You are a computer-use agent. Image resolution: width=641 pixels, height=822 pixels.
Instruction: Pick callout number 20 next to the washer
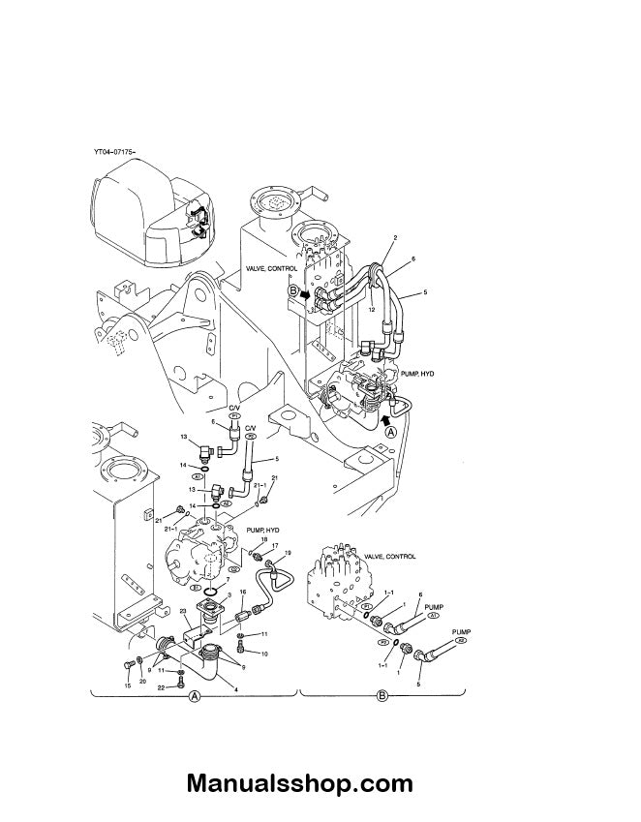[x=143, y=681]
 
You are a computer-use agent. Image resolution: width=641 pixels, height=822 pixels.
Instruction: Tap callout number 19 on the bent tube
[x=287, y=553]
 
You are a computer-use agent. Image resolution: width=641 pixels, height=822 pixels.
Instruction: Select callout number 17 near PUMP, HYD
[x=275, y=546]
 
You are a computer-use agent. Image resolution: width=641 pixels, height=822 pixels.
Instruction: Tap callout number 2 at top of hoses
[x=395, y=237]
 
